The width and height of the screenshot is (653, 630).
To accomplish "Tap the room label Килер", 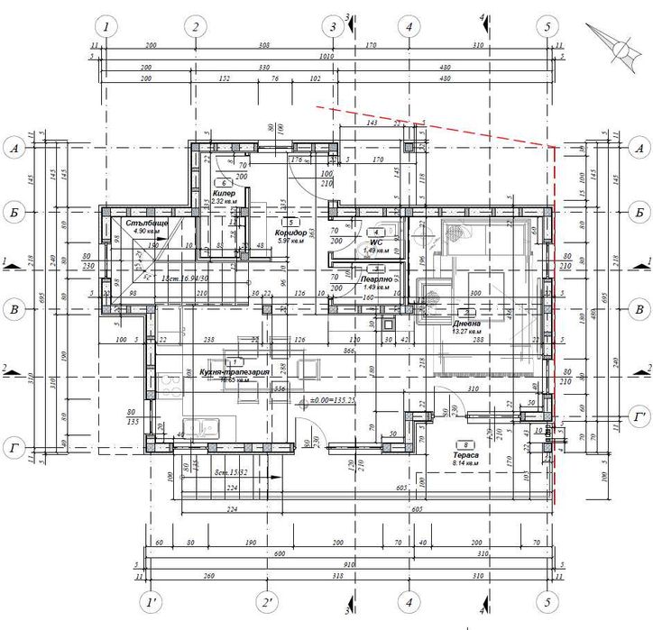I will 224,194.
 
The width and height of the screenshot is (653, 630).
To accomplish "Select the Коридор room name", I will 295,233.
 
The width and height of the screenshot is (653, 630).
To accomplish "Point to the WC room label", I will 376,242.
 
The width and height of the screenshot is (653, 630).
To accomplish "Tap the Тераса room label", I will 466,456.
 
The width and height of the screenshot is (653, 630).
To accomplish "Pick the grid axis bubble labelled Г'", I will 639,418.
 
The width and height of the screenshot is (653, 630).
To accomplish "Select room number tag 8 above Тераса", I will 465,445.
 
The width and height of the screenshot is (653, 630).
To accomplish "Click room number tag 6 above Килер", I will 224,183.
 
